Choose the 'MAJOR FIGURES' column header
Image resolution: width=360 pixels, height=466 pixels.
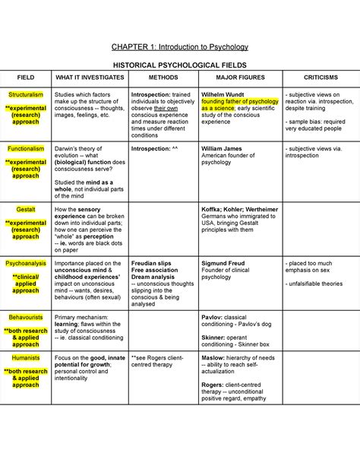point(236,78)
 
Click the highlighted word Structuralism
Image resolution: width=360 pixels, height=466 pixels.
point(26,95)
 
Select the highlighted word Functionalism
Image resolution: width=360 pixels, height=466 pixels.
point(26,149)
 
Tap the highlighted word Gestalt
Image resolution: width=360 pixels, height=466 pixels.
point(26,208)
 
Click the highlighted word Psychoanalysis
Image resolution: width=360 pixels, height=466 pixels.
point(26,263)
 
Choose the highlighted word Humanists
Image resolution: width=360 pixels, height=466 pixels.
point(26,357)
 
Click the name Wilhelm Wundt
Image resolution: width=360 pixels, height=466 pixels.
point(224,95)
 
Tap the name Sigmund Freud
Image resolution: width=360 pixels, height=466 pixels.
point(223,263)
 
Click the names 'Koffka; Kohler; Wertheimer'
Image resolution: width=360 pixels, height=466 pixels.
point(239,208)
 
